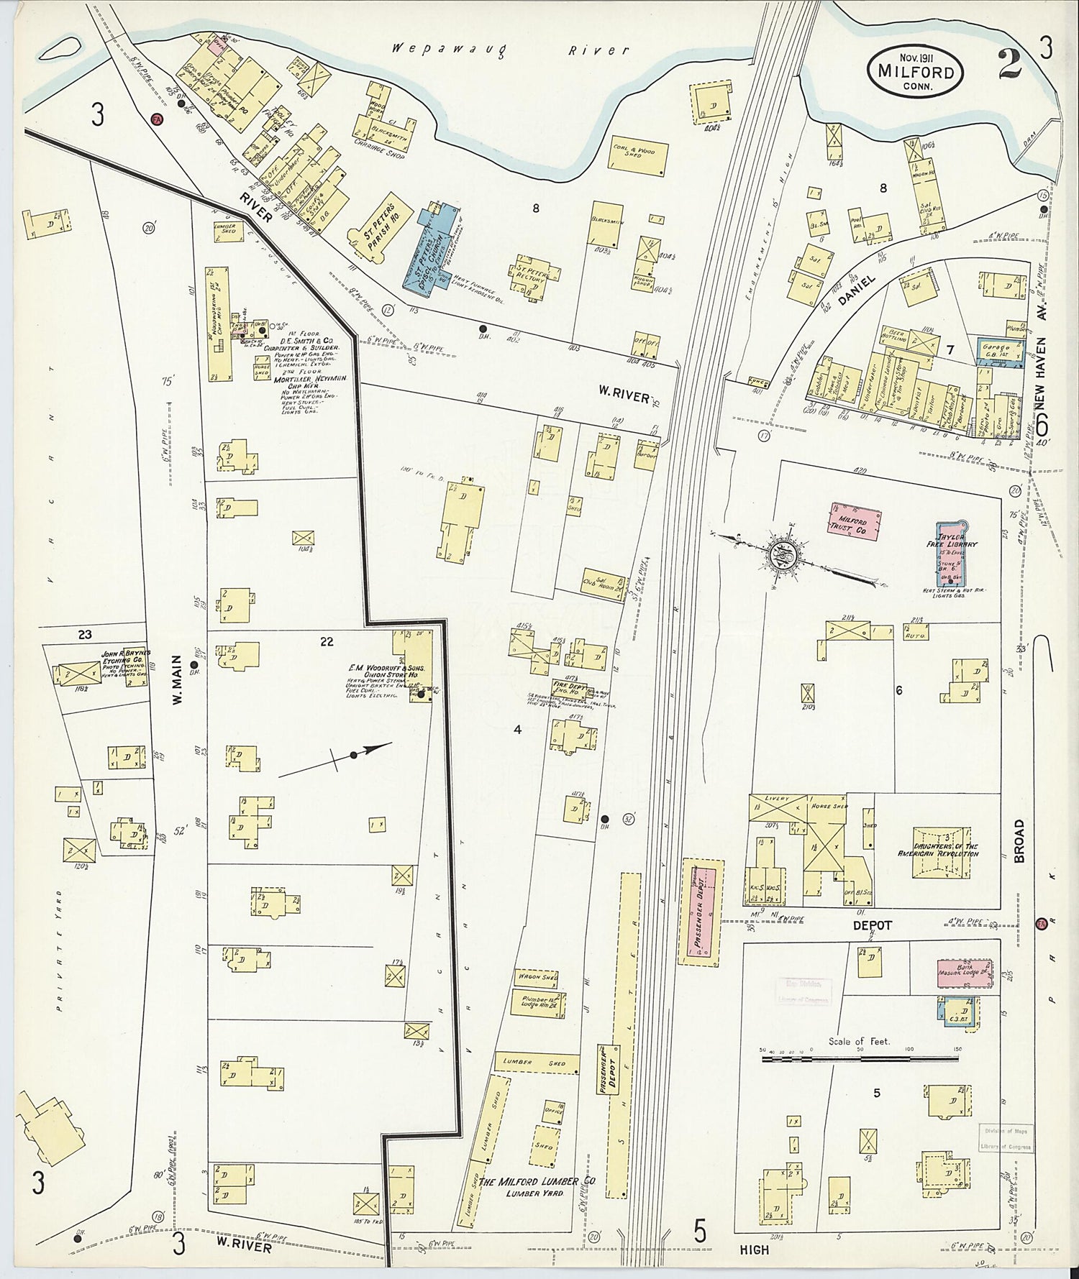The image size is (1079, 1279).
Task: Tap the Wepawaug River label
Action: pos(511,50)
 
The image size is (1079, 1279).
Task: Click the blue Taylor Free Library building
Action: pos(952,554)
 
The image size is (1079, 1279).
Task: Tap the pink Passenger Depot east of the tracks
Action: pos(698,912)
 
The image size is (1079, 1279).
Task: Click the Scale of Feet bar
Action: pos(860,1058)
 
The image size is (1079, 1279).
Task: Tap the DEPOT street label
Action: pos(873,925)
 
